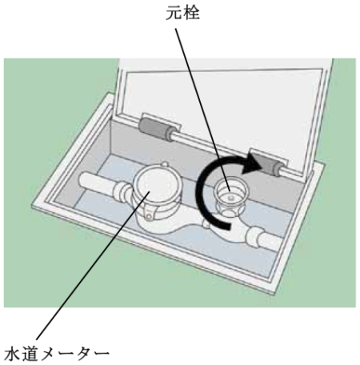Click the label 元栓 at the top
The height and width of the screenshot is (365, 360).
point(182,13)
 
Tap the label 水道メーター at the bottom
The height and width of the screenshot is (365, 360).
point(57,354)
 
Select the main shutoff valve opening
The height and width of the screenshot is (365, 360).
point(230,191)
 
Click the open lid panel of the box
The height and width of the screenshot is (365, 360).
point(224,112)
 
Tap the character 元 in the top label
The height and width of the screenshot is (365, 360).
point(174,13)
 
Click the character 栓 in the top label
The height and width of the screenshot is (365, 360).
point(191,13)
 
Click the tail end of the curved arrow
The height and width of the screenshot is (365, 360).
point(229,227)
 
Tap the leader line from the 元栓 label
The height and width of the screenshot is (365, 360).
point(202,110)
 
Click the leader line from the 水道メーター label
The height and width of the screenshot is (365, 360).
point(93,265)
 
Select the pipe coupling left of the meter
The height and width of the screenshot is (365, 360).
point(122,193)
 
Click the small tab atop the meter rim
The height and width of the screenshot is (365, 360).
point(165,164)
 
